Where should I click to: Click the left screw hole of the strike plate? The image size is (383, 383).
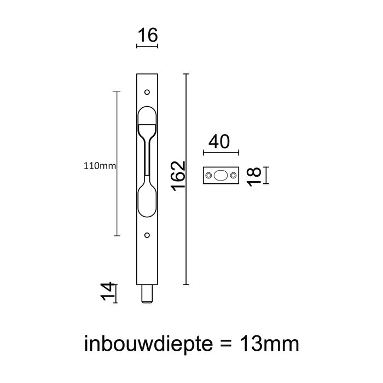(x=208, y=176)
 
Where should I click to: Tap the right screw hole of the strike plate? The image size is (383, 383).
(x=233, y=176)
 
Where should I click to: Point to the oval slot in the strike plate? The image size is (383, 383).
(x=220, y=176)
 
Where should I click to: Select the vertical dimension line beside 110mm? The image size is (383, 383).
(x=117, y=164)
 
